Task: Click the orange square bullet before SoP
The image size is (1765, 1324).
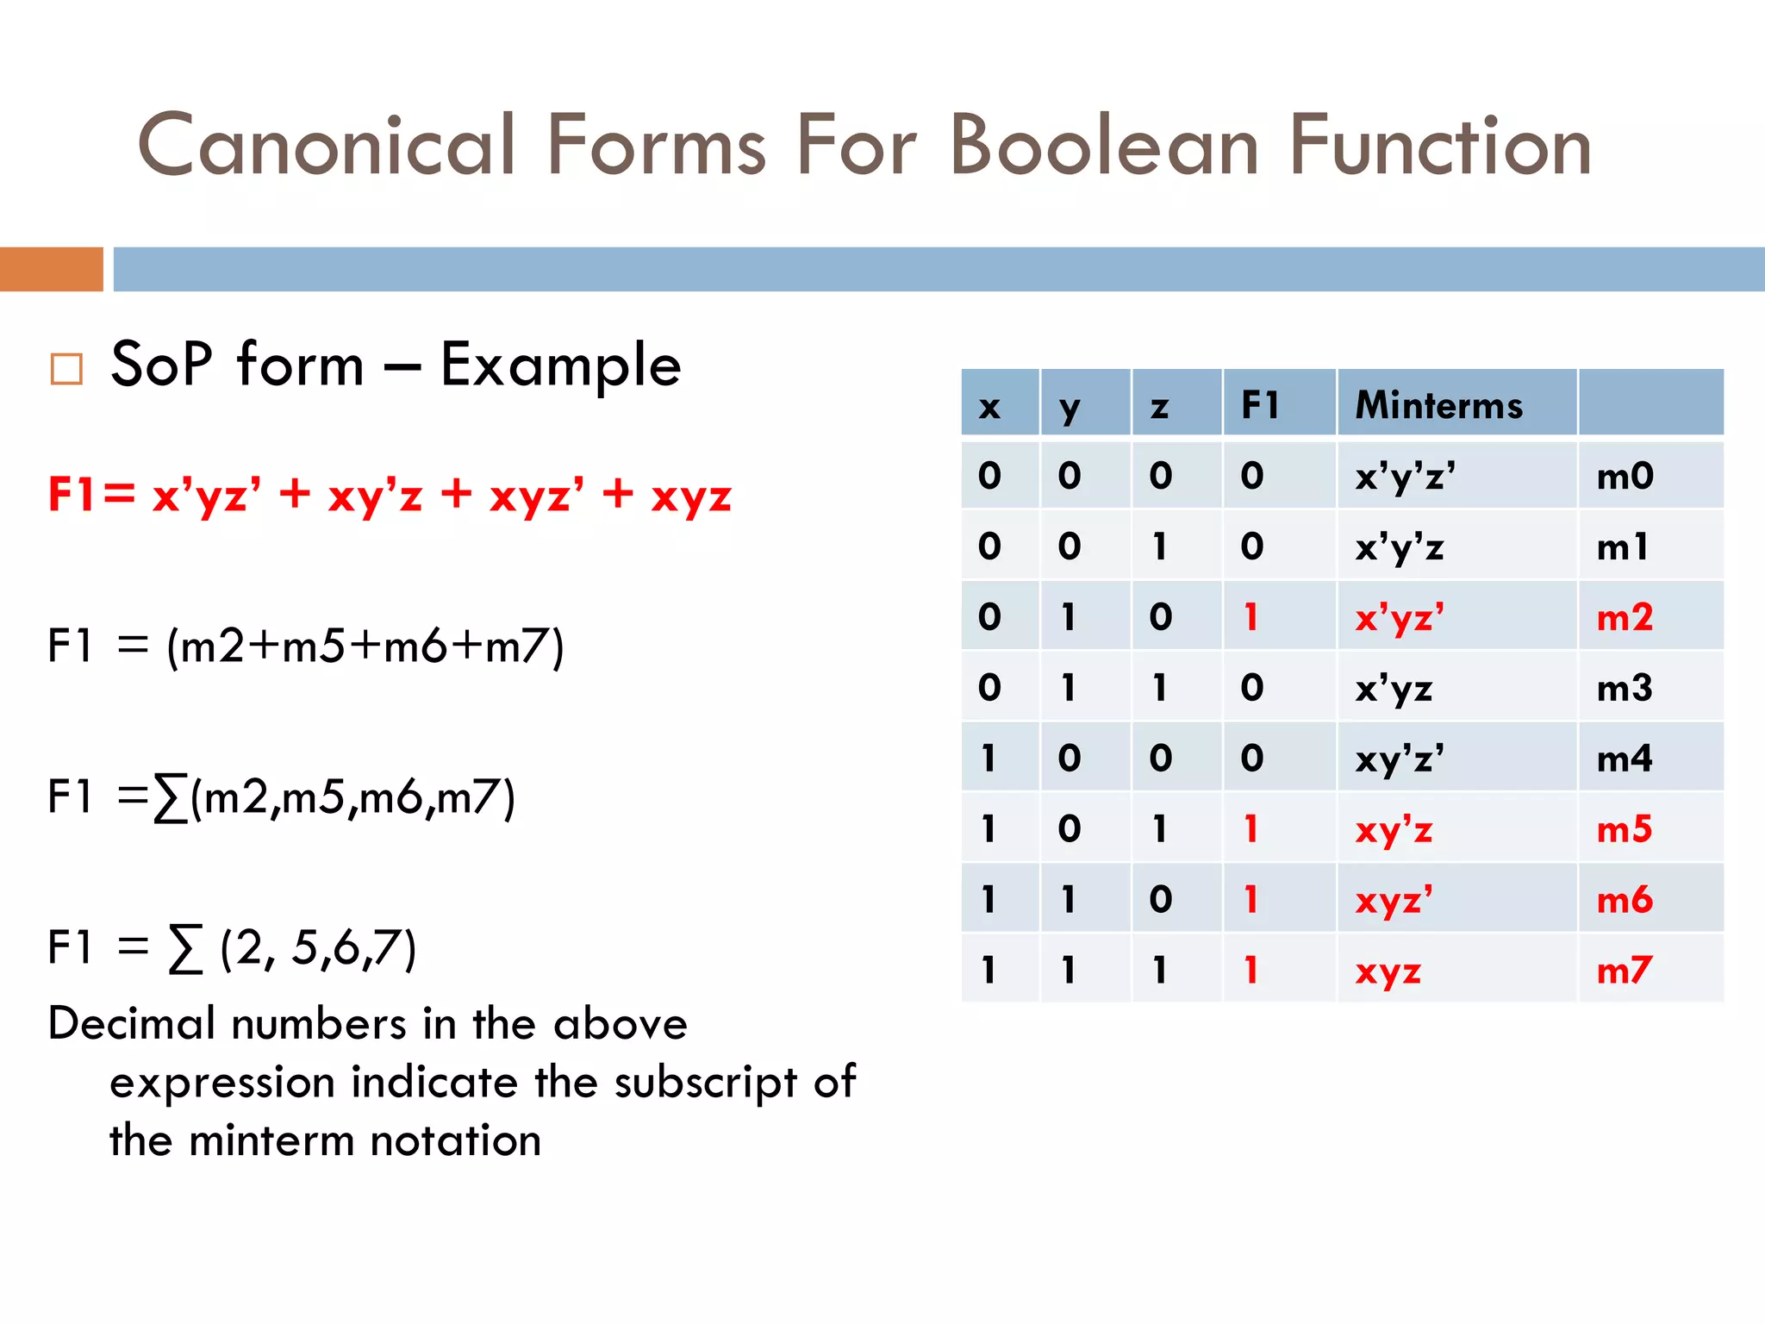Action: [66, 368]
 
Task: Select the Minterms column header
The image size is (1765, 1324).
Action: [1438, 405]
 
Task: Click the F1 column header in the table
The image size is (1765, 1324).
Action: [1260, 404]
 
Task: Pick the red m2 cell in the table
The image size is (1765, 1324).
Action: [1625, 617]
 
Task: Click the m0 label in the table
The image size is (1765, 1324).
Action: [1625, 476]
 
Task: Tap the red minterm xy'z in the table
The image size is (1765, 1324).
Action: [1394, 830]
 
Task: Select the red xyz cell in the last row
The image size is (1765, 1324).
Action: [1388, 971]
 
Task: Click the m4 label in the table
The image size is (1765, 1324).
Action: [1625, 759]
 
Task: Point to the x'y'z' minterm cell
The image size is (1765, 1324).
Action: [1405, 476]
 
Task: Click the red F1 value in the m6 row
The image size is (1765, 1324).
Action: [1251, 900]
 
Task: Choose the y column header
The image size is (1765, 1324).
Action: [1070, 406]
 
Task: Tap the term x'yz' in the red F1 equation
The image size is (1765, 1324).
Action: [207, 496]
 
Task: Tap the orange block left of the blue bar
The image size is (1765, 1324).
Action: [52, 269]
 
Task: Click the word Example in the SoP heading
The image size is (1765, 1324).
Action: [560, 365]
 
